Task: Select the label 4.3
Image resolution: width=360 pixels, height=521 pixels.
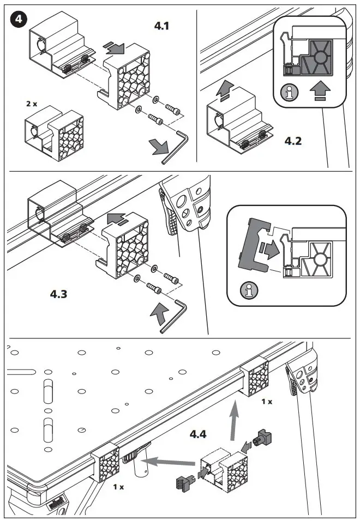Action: coord(61,294)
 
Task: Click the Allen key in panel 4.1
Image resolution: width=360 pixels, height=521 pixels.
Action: coord(175,146)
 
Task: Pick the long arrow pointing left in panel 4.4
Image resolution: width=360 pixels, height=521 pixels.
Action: coord(169,463)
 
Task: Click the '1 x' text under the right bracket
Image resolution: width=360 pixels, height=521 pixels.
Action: coord(267,401)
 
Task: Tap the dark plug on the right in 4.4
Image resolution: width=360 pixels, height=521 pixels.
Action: coord(263,437)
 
